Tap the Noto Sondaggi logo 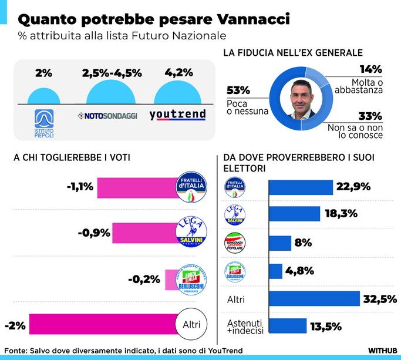[x=107, y=116]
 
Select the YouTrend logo [x=177, y=115]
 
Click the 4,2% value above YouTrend [x=177, y=74]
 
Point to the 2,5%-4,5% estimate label [x=111, y=74]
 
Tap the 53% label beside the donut [x=238, y=90]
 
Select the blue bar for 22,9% [x=301, y=187]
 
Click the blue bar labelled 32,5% [x=314, y=299]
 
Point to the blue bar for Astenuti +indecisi [x=288, y=326]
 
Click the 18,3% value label [x=339, y=214]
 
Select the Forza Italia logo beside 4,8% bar [x=235, y=271]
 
